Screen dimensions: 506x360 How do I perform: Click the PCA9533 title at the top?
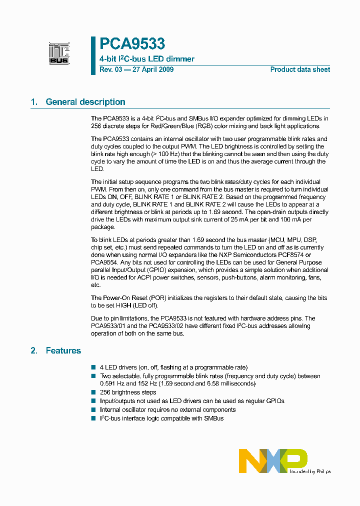click(x=132, y=44)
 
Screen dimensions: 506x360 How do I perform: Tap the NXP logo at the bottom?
click(x=273, y=460)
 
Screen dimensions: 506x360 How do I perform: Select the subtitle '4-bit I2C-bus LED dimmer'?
click(x=147, y=59)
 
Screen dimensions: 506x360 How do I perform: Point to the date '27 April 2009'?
click(x=152, y=69)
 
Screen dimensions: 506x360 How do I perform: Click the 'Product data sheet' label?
click(x=300, y=69)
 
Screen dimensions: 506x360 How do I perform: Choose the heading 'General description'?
click(x=85, y=102)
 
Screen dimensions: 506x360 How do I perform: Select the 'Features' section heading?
click(x=63, y=350)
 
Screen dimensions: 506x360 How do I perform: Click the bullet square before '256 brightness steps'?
click(x=93, y=393)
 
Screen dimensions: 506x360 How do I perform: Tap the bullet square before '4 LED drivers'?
click(x=93, y=367)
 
